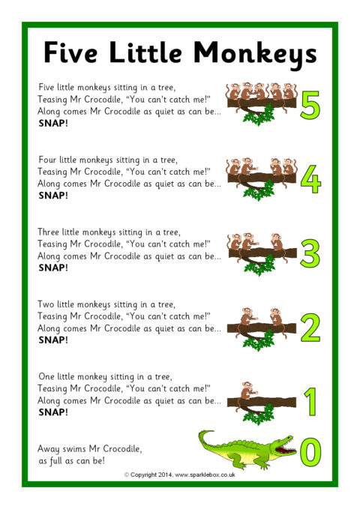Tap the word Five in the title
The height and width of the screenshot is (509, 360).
(70, 52)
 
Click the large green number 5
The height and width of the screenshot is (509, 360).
(310, 104)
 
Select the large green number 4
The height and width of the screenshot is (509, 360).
(310, 179)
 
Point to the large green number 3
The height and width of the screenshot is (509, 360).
(310, 253)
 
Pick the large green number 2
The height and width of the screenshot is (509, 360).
(310, 327)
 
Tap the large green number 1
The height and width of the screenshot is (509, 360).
(310, 402)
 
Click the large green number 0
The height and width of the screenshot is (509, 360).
(310, 451)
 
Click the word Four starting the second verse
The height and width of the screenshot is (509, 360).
(47, 160)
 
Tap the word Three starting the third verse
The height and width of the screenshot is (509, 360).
(49, 232)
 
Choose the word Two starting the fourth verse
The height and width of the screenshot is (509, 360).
(46, 304)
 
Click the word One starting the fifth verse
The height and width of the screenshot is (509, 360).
(46, 376)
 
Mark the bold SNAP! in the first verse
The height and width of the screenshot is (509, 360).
(53, 124)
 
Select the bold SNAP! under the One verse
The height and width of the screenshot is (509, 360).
(53, 412)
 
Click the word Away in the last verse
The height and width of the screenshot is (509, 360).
(49, 449)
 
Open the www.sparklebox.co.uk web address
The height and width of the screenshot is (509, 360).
(205, 475)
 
